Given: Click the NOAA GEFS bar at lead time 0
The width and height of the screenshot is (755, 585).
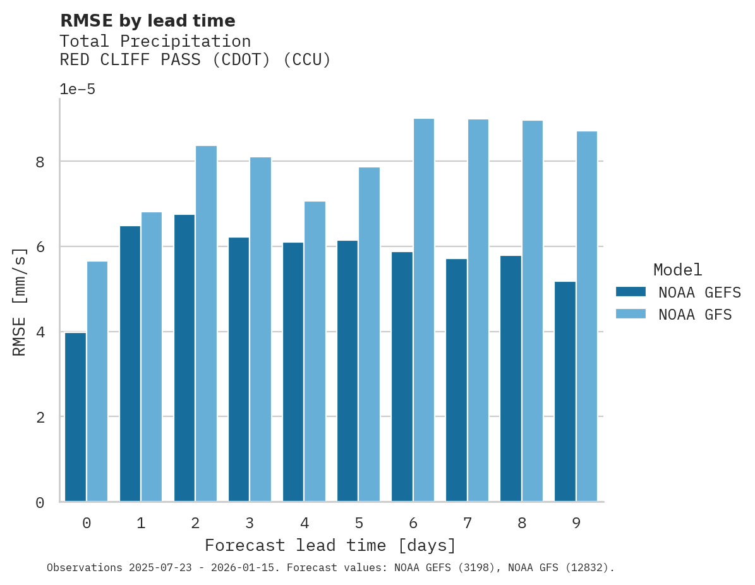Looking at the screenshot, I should point(76,417).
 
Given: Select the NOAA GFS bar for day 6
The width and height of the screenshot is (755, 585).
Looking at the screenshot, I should point(423,310).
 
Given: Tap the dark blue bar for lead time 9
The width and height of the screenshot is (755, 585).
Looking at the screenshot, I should point(565,392).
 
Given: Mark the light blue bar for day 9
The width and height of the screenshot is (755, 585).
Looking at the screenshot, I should point(587,316).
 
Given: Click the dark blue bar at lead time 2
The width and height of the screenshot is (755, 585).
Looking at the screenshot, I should point(184,358).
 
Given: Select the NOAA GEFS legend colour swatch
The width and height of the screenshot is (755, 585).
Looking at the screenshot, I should point(631,292).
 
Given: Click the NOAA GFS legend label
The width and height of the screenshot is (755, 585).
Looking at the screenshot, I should point(695,315).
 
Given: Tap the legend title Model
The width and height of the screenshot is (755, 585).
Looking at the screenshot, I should point(677,270).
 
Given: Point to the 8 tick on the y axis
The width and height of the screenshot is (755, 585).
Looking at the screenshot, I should point(40,162).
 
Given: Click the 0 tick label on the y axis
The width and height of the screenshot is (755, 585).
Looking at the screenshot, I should point(40,502).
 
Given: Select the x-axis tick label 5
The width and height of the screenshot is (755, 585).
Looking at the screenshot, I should point(359,523).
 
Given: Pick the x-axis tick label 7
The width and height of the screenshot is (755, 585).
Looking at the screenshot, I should point(468,523).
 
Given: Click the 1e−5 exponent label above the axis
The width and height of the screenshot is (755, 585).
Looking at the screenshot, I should point(77,90).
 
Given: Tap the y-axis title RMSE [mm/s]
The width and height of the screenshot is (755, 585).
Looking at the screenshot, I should point(20,303).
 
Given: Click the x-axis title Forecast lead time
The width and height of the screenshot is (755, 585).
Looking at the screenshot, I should point(330,545).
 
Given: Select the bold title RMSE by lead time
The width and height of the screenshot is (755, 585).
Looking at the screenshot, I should point(147,21).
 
